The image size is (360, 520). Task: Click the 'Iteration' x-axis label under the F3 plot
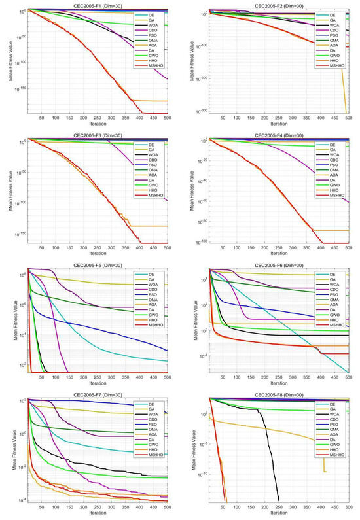pyautogui.click(x=97, y=254)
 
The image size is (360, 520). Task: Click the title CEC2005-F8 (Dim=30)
pyautogui.click(x=277, y=394)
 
